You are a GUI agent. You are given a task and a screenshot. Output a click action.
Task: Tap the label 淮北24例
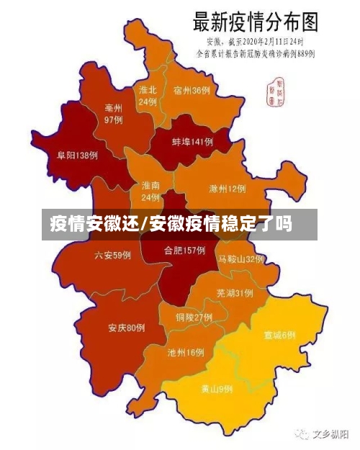coord(148,96)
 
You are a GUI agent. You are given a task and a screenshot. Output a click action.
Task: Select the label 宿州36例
coord(192,91)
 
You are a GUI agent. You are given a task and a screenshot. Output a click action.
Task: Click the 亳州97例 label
coord(113,114)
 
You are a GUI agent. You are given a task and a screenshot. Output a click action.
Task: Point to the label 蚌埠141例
coord(192,142)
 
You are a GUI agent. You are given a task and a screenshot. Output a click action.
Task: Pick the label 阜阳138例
coord(78,155)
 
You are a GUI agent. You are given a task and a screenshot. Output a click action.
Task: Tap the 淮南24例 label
coord(150,191)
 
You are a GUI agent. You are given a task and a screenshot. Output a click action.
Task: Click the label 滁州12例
coord(227,189)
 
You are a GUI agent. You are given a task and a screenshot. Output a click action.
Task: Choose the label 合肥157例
coord(184,251)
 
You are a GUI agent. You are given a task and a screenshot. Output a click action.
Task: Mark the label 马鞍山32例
coord(241,258)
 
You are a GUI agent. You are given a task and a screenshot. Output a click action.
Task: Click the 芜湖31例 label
coord(234,293)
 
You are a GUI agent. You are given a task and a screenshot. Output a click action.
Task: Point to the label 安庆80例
coord(127,328)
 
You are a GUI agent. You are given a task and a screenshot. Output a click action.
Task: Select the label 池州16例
coord(186,353)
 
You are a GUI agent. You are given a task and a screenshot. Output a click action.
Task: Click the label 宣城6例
coord(279,335)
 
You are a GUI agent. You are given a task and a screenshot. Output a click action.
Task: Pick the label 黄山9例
coord(216,389)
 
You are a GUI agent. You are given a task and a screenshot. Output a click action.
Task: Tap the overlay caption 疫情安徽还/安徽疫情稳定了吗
coord(171,224)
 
